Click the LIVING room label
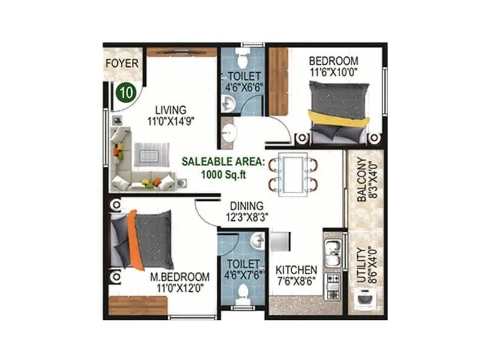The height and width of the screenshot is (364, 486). [x=170, y=110]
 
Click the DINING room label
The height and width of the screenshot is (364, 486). [x=246, y=206]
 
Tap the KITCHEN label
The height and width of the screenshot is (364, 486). [x=296, y=270]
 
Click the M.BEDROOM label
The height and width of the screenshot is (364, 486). [x=179, y=277]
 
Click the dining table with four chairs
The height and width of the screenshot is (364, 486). [x=293, y=173]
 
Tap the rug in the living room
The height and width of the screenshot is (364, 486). [x=148, y=153]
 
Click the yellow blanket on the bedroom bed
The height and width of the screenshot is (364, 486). [x=338, y=117]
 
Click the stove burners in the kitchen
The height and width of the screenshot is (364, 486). [x=334, y=285]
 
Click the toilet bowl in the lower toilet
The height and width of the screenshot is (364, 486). [x=243, y=296]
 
